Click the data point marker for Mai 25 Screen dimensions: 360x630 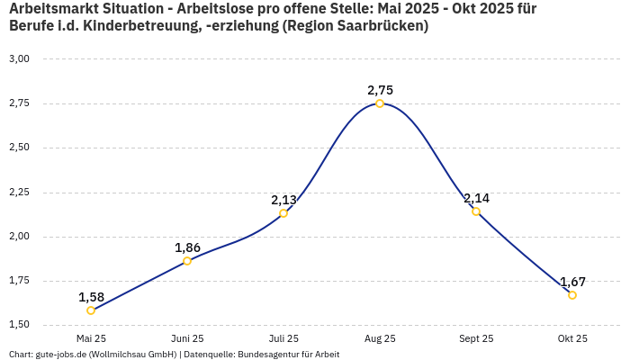[91, 310]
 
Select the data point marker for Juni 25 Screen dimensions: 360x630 [187, 261]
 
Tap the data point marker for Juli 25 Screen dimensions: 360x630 [283, 213]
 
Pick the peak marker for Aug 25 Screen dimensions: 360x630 [380, 103]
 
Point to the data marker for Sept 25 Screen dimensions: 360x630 [476, 211]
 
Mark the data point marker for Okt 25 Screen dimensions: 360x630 [572, 295]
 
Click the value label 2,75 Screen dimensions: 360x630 [380, 90]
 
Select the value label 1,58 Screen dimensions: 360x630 [91, 297]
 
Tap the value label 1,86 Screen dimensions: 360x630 [187, 247]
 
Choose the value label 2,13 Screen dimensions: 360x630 [283, 200]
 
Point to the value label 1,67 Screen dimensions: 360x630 [572, 282]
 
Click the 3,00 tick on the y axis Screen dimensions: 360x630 [19, 58]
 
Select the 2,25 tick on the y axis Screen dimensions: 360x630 [19, 192]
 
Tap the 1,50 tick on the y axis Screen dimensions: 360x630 [19, 324]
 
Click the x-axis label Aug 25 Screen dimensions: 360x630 [380, 338]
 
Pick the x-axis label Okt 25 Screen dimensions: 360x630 [572, 338]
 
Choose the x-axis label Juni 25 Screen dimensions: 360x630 [187, 338]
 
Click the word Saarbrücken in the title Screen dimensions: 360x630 [379, 25]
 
